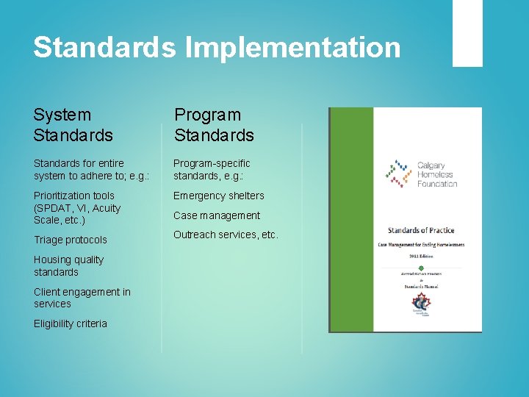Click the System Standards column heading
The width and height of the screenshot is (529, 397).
point(73,125)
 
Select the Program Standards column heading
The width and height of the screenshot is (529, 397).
point(214,125)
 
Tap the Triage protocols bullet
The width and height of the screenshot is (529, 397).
point(71,240)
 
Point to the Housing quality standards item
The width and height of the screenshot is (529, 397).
point(69,265)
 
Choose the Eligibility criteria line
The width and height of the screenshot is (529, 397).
point(71,323)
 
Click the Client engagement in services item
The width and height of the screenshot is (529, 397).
point(82,298)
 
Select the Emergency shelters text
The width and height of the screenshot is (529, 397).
point(218,196)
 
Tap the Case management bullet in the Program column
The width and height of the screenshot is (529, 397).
point(217,215)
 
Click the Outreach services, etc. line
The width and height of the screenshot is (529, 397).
point(226,235)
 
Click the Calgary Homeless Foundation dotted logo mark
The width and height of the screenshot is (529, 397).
point(400,174)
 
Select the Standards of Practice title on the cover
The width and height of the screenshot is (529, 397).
point(421,230)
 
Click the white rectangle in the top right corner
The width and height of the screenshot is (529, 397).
point(467,33)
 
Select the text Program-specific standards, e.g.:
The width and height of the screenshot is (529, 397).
point(212,169)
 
